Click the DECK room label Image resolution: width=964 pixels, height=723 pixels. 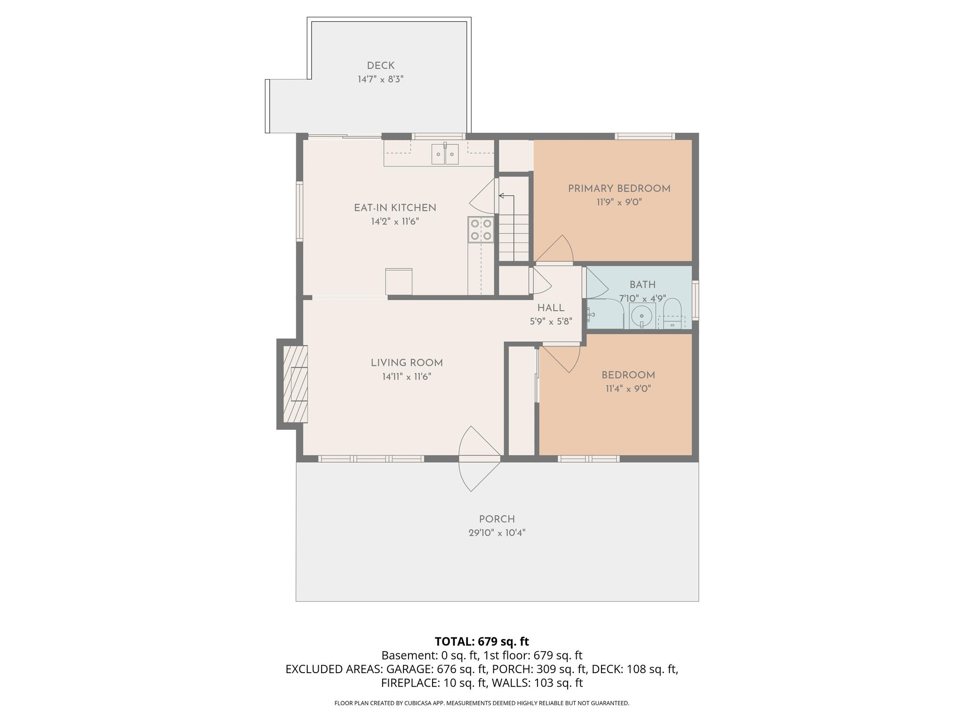point(380,66)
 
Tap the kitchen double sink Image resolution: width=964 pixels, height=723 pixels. point(445,154)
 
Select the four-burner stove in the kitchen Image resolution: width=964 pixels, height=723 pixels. point(481,229)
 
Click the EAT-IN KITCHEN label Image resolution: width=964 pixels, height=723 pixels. point(394,208)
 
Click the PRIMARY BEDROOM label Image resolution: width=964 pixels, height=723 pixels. point(619,189)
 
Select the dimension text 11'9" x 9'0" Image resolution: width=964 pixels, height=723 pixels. point(619,202)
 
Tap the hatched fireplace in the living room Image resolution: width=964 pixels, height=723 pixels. point(295,384)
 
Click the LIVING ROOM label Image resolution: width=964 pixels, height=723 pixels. point(406,363)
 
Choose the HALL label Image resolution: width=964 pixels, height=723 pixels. point(551,308)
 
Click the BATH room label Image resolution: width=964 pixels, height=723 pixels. point(643,284)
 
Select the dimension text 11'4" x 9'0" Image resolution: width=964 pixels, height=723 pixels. point(628,389)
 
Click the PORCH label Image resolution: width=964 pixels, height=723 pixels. point(497,519)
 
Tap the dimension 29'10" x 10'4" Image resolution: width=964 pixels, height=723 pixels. point(497,533)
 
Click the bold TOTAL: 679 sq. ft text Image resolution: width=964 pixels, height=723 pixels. point(482,642)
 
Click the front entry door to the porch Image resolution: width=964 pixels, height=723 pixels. point(479,458)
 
